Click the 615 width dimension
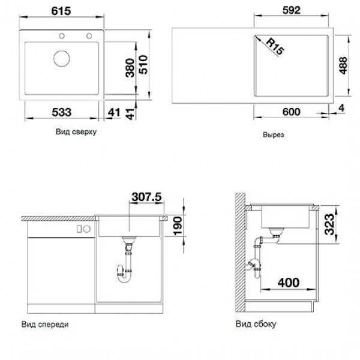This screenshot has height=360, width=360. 61,11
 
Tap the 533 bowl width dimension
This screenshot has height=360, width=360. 62,112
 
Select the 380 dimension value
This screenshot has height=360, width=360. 130,68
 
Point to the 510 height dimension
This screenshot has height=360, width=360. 143,65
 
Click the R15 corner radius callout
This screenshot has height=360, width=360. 275,47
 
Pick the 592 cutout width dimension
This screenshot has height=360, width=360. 292,10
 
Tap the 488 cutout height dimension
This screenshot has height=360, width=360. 343,65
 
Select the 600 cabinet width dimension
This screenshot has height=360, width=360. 292,112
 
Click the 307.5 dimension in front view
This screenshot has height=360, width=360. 147,197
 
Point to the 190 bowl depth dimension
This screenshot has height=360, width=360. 178,226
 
